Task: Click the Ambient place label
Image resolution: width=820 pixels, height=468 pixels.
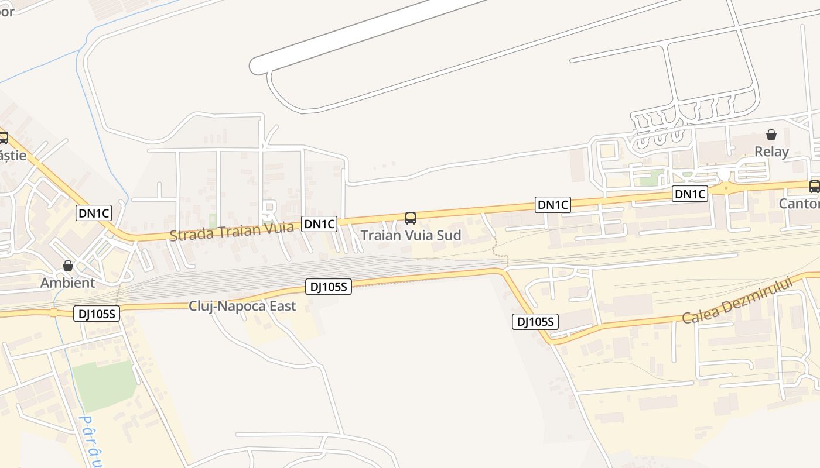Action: (x=67, y=283)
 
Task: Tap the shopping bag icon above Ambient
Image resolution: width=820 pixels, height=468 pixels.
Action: (x=68, y=266)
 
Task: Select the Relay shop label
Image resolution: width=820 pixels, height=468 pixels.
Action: (x=771, y=152)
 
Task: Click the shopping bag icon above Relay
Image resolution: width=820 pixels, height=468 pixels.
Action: (x=771, y=135)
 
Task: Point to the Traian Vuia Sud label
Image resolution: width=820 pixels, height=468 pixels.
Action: (x=411, y=235)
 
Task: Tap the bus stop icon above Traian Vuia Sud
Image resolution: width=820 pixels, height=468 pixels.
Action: (x=411, y=218)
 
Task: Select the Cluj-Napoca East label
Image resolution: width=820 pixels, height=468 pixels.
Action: (x=242, y=306)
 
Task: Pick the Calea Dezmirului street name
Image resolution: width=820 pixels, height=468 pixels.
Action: (x=737, y=300)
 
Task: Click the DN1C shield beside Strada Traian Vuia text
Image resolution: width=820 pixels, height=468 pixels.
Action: (x=319, y=223)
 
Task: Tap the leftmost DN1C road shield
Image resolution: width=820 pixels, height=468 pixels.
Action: (x=94, y=213)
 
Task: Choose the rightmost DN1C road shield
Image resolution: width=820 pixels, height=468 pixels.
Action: (x=689, y=194)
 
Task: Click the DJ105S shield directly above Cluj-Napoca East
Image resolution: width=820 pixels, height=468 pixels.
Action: (x=328, y=286)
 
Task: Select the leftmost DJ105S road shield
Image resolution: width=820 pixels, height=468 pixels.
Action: (x=97, y=314)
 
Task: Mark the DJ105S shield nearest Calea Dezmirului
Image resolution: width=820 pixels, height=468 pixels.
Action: (x=535, y=321)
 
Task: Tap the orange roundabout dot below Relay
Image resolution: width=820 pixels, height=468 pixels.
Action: (x=726, y=188)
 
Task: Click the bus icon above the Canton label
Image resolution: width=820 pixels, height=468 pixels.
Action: (x=814, y=186)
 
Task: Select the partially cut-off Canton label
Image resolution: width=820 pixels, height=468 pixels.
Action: (x=799, y=204)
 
